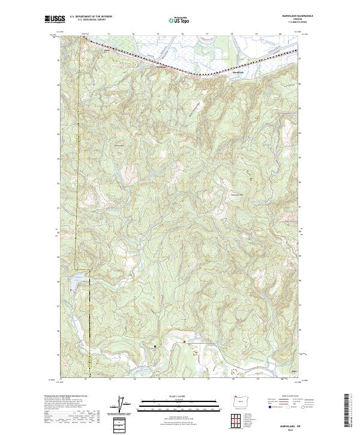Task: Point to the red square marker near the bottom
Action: (185, 342)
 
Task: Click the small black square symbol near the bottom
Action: (155, 346)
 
